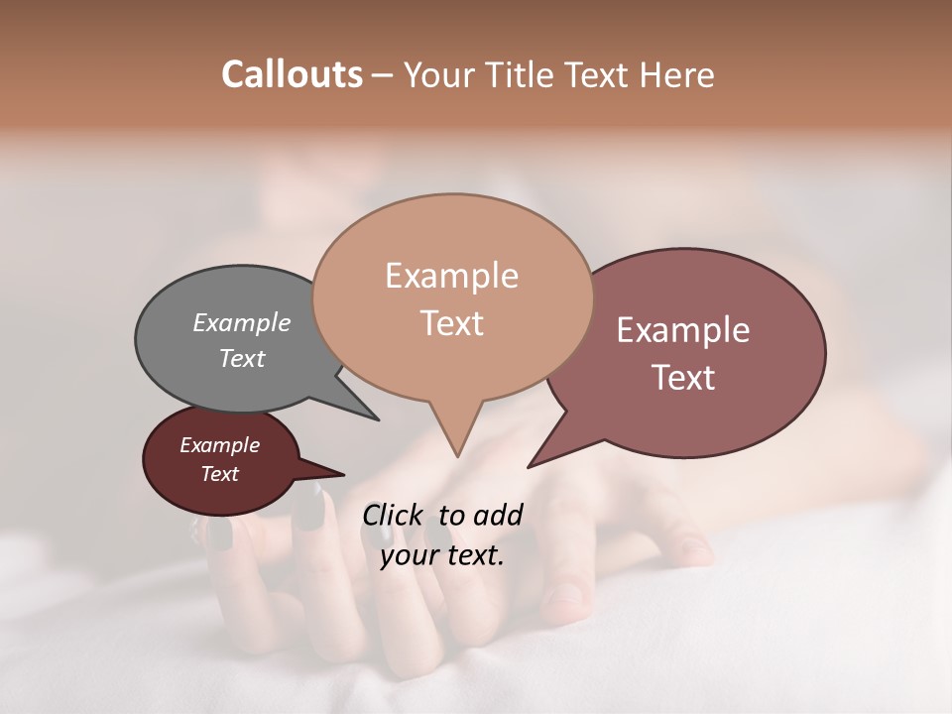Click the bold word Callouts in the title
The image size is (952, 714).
(x=292, y=74)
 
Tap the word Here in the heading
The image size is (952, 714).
(x=676, y=74)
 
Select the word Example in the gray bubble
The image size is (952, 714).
(x=242, y=322)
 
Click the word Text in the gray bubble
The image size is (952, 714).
(x=242, y=358)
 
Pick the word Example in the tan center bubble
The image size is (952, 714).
(x=451, y=276)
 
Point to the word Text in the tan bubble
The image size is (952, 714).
(x=451, y=323)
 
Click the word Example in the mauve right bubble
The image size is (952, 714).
(x=683, y=330)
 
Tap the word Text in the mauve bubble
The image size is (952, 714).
(x=683, y=378)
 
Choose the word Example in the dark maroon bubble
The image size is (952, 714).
(x=220, y=445)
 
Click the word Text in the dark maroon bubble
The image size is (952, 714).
(x=220, y=474)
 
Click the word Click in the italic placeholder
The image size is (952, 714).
(x=394, y=515)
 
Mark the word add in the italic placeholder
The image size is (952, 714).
(x=498, y=515)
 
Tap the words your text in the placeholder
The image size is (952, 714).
(x=442, y=555)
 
